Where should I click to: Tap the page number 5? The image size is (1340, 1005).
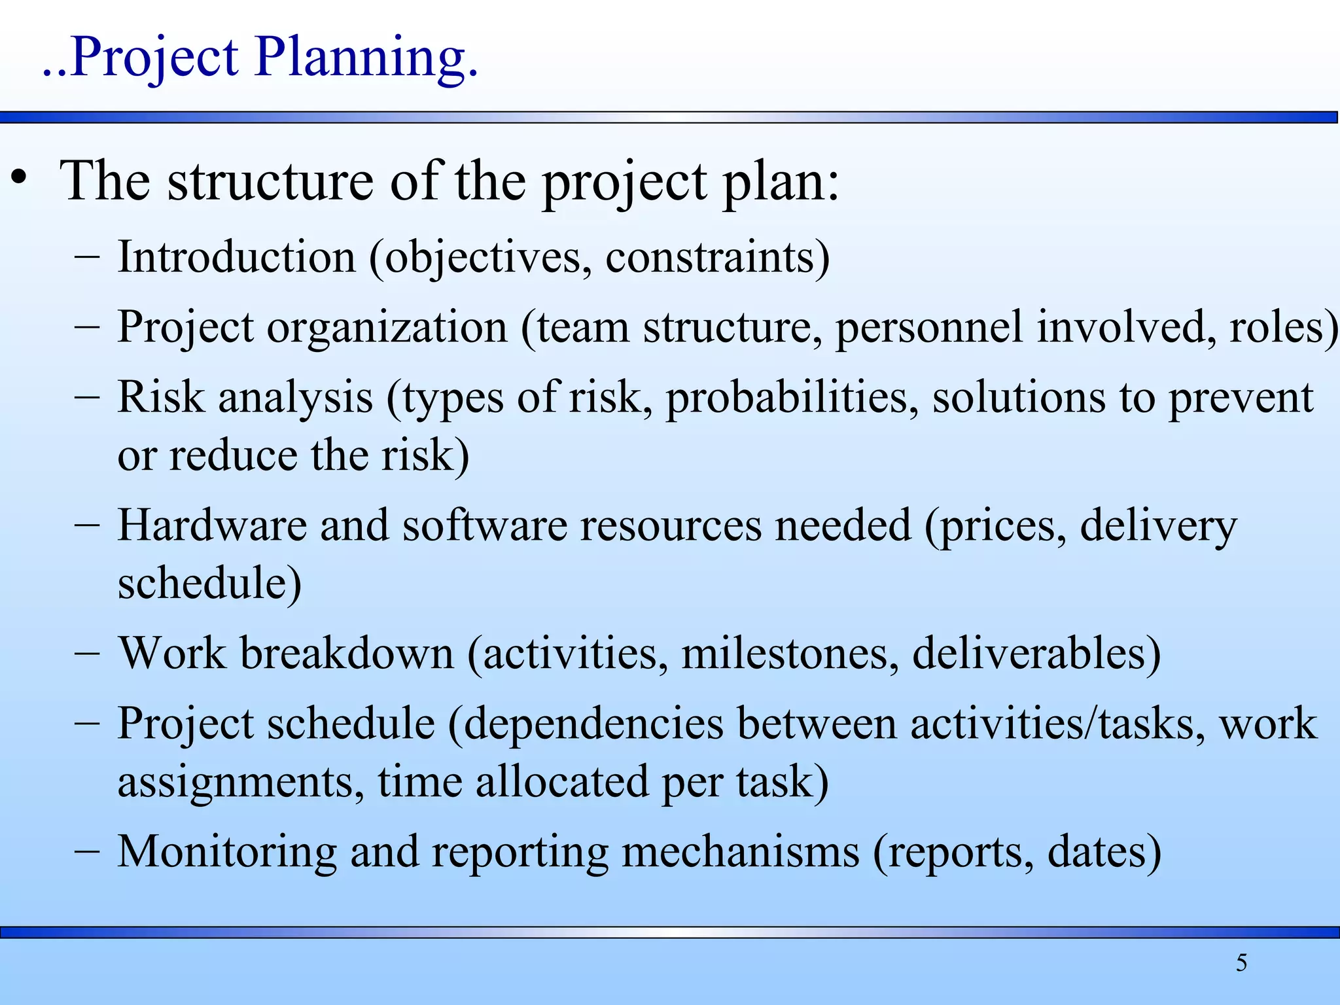click(1241, 962)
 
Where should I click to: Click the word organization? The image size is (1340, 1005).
click(387, 326)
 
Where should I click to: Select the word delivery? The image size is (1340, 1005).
click(1158, 525)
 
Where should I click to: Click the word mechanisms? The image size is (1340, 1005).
click(740, 852)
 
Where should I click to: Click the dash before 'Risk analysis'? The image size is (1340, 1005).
click(87, 397)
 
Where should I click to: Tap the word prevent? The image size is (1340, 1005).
click(1241, 397)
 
